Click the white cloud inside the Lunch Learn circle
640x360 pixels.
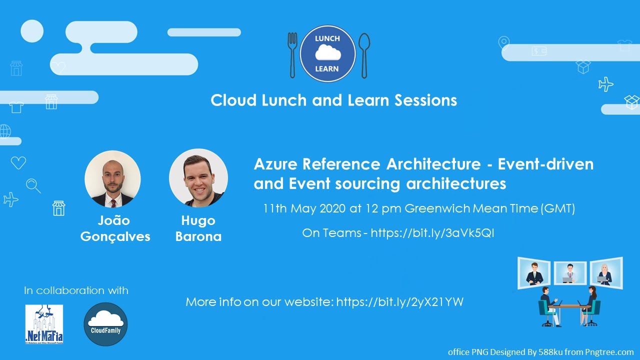[327, 52]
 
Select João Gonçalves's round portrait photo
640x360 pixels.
[112, 179]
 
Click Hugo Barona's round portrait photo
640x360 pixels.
[198, 177]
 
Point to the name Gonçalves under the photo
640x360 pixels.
[115, 236]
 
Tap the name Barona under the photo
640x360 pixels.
[198, 236]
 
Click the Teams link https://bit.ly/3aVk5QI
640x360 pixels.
[432, 233]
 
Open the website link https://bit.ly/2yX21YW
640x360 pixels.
[399, 302]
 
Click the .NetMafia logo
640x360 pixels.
[44, 324]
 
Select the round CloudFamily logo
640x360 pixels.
[105, 324]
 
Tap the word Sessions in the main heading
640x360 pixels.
[425, 100]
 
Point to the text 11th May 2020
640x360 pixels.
[304, 208]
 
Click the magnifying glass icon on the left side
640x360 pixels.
[33, 185]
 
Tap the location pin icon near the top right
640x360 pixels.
[504, 43]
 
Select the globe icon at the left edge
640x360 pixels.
[5, 131]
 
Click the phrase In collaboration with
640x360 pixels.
[76, 290]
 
